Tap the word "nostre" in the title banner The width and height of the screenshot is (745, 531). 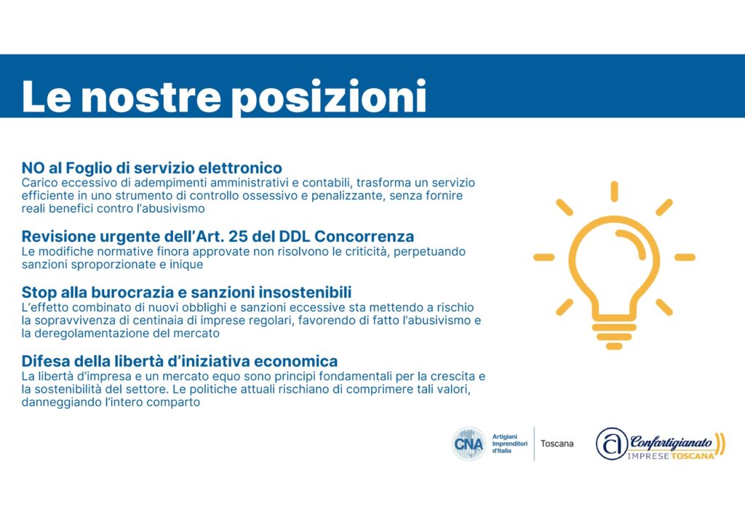[152, 98]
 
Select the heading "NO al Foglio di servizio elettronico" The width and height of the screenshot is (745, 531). [151, 168]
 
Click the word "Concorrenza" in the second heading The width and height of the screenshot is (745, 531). [364, 237]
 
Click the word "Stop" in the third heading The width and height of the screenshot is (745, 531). [39, 292]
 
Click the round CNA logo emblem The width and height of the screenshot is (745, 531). [469, 444]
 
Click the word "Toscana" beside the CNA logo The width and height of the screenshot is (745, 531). [557, 444]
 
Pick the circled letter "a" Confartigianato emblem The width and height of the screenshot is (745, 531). [612, 444]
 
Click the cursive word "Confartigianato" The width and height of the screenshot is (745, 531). [671, 442]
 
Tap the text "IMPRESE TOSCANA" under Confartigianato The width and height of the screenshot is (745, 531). [670, 456]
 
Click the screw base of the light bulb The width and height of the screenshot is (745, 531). [614, 336]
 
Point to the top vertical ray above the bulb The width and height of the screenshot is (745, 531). [614, 192]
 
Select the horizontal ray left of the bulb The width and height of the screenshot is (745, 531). [544, 257]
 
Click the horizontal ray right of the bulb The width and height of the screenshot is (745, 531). [685, 257]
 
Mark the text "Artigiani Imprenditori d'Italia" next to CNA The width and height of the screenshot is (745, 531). [510, 444]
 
